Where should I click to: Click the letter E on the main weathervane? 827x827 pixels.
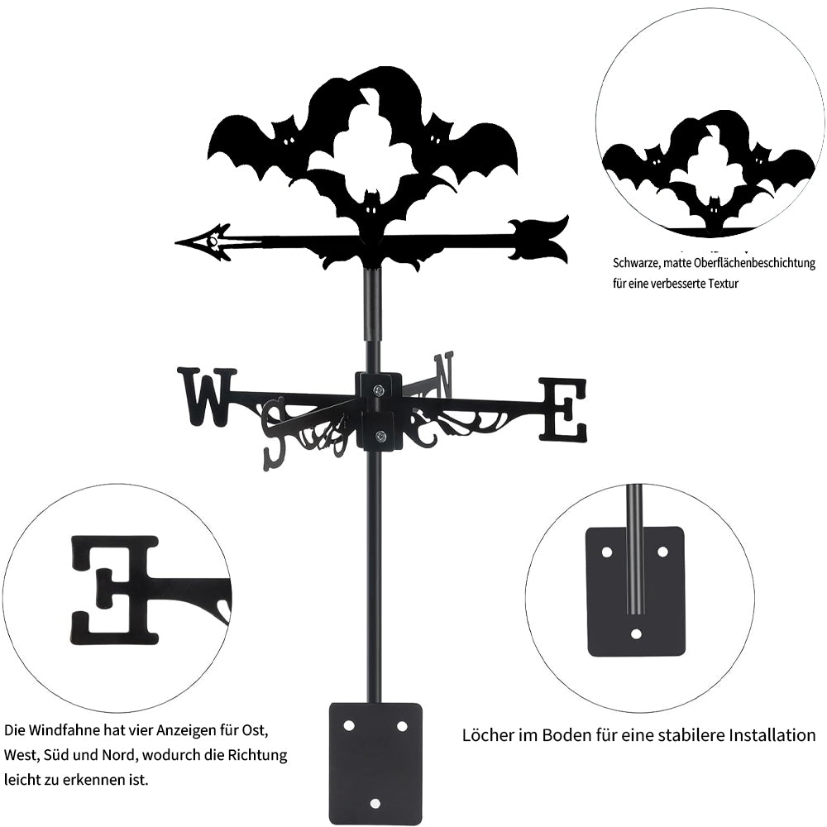pyautogui.click(x=563, y=409)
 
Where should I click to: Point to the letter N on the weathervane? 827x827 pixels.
pyautogui.click(x=444, y=374)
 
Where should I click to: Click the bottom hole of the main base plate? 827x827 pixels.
pyautogui.click(x=375, y=802)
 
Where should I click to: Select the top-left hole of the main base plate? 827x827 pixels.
pyautogui.click(x=349, y=725)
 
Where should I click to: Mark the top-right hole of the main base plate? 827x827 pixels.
pyautogui.click(x=402, y=725)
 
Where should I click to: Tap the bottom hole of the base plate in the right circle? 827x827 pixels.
pyautogui.click(x=635, y=634)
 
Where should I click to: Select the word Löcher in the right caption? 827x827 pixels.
pyautogui.click(x=487, y=735)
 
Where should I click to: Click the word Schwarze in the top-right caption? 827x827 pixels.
pyautogui.click(x=637, y=264)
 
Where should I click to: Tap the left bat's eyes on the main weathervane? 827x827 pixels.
pyautogui.click(x=289, y=141)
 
